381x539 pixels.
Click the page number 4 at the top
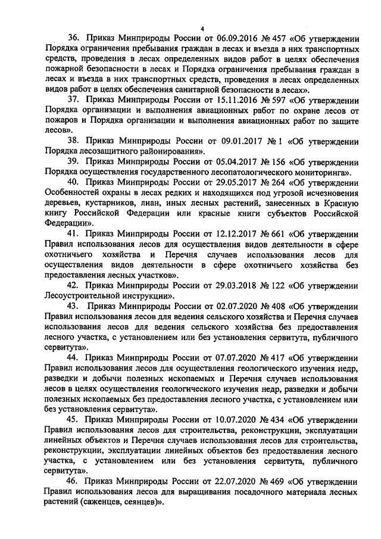point(202,29)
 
